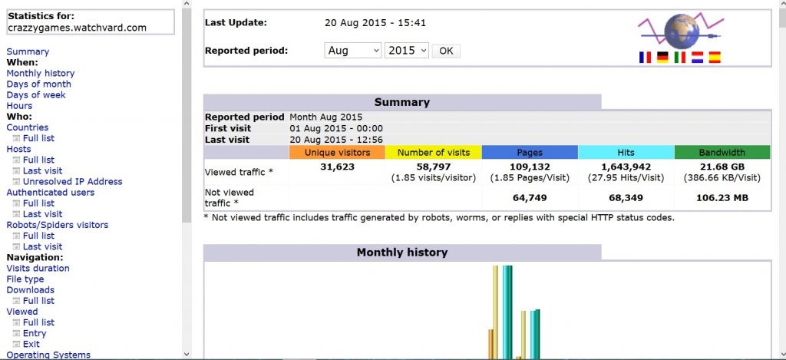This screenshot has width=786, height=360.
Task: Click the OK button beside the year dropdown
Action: [446, 51]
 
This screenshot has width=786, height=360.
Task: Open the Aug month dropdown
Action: [353, 51]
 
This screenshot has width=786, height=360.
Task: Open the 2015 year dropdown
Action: [407, 51]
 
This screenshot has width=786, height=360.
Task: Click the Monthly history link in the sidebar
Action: [41, 74]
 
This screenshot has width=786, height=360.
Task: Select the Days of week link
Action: [36, 95]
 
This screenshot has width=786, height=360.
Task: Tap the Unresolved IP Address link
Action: [72, 182]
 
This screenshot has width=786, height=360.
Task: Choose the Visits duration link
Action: [38, 269]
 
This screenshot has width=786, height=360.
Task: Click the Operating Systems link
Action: [48, 355]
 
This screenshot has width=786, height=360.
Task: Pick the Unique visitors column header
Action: [337, 153]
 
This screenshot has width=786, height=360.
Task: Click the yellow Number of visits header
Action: [433, 153]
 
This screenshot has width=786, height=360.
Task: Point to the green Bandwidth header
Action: [722, 153]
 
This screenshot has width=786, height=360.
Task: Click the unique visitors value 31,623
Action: [337, 167]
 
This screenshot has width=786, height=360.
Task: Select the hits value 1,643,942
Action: [626, 167]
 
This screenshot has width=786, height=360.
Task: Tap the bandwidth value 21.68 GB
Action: [722, 167]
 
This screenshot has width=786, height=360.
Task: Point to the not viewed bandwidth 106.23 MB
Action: [722, 198]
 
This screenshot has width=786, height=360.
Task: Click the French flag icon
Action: [645, 58]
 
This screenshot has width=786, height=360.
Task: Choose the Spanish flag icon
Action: [715, 58]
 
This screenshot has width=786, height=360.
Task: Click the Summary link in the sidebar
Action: [28, 52]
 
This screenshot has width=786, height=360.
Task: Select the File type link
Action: [25, 279]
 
